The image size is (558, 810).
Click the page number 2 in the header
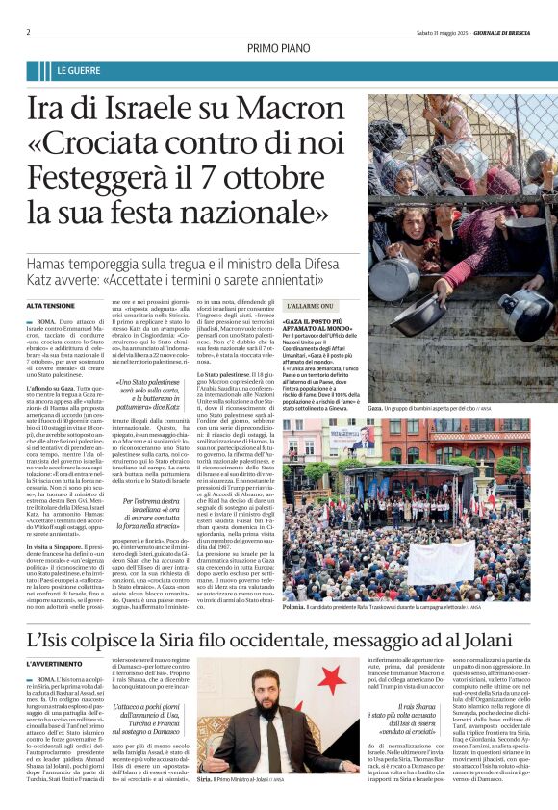click(28, 32)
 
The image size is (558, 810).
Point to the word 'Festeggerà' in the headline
click(112, 177)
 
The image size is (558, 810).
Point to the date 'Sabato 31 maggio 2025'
click(435, 32)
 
